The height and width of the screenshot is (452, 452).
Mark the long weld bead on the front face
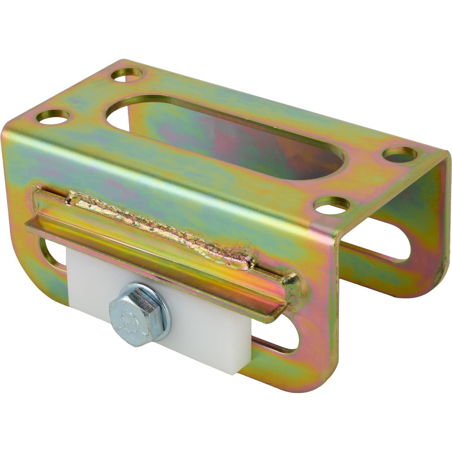164,223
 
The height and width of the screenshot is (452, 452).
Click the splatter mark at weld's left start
68,201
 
